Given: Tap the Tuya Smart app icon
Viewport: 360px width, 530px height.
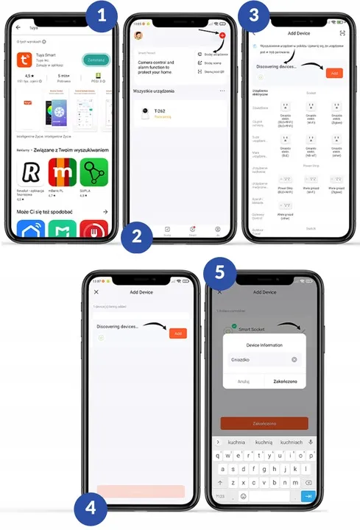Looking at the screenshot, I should pos(27,61).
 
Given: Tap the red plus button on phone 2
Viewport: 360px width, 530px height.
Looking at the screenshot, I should pos(222,35).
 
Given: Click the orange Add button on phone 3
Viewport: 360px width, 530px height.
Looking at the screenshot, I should pos(333,73).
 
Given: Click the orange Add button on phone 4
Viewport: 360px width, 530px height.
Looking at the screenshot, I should pos(177,333).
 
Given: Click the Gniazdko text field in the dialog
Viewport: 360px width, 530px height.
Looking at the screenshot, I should pos(258,360).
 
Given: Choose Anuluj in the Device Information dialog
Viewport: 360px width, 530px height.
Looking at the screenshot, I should pos(244,381).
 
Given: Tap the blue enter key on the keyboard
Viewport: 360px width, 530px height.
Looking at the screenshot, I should pos(309,496).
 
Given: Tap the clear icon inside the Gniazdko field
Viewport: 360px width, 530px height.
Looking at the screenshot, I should pos(294,360).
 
